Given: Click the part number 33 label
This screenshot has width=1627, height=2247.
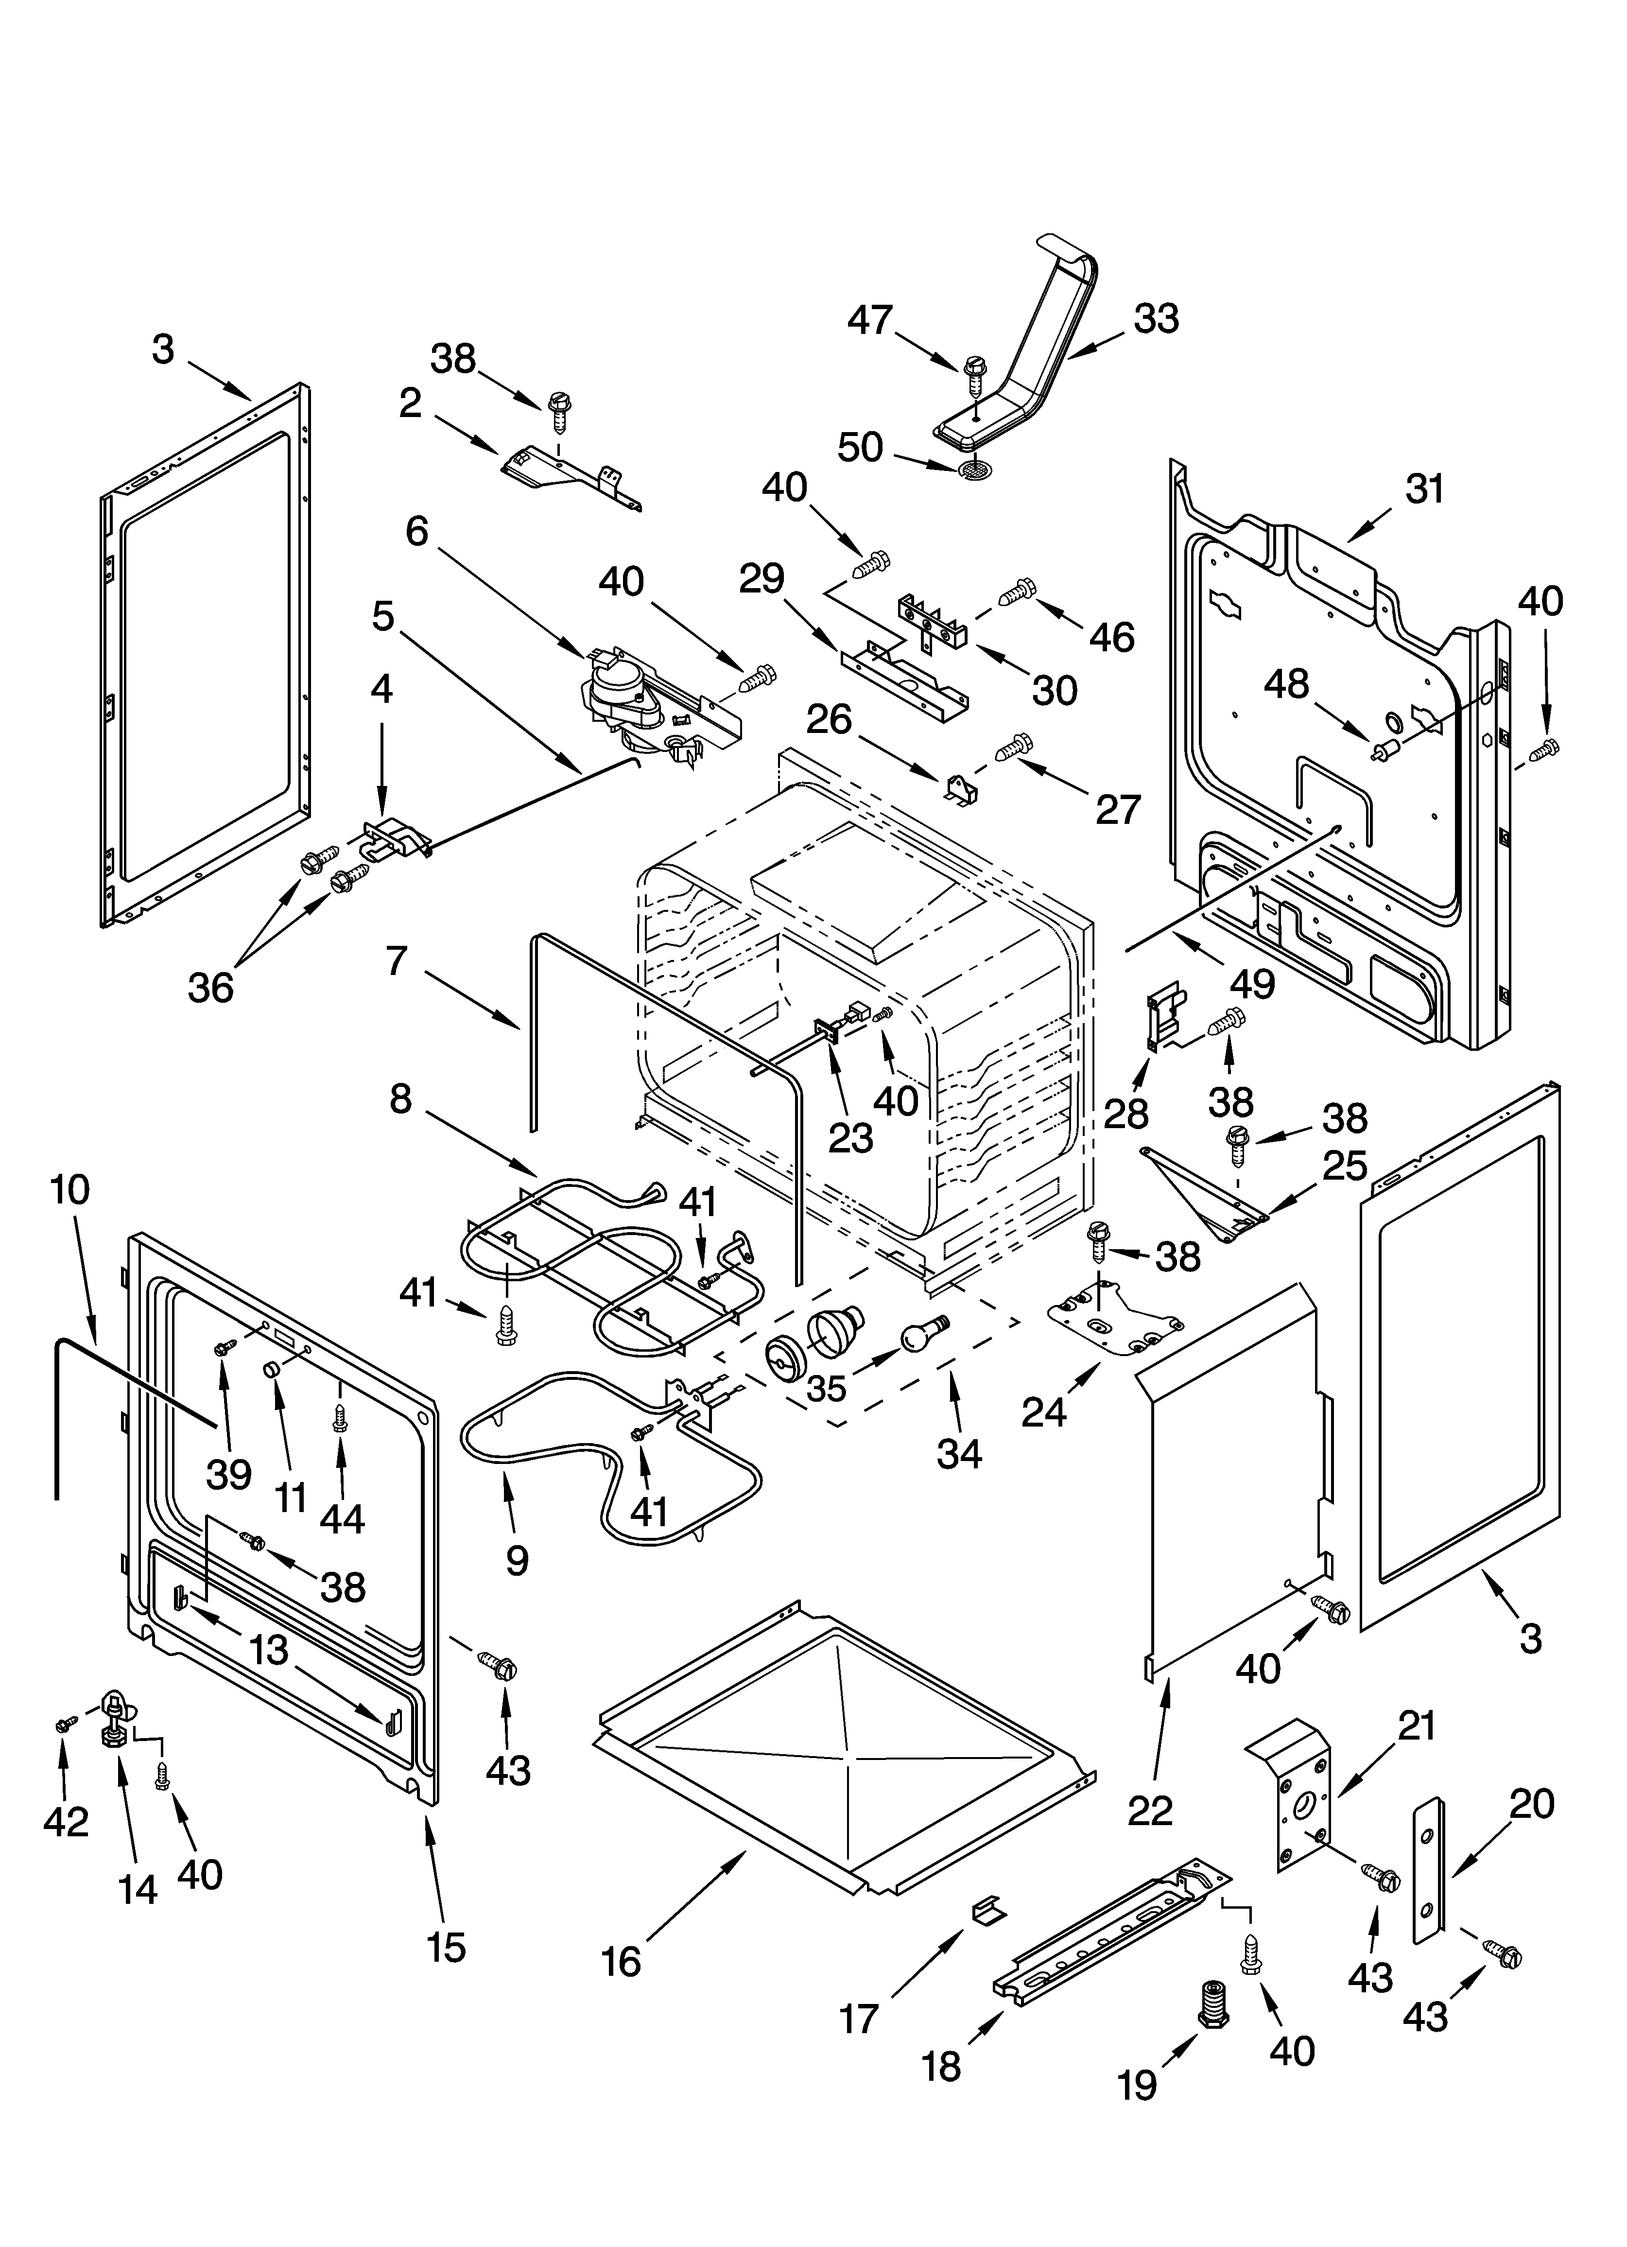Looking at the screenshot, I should (x=1155, y=319).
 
